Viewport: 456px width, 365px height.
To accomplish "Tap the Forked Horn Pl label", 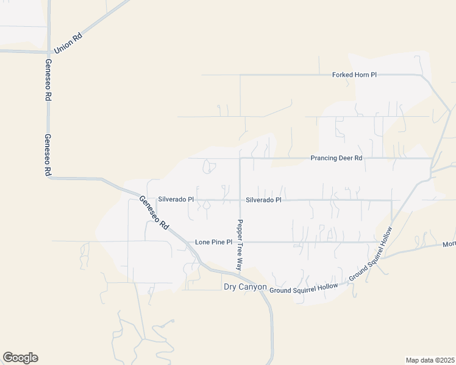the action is point(354,75).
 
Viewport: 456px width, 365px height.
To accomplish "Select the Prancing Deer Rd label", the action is point(336,158).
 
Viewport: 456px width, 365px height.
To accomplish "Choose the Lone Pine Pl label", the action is point(213,242).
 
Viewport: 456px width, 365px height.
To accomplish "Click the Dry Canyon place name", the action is point(245,287).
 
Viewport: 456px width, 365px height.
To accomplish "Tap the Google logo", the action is point(20,357).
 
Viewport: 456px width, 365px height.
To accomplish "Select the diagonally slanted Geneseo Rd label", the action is point(154,212).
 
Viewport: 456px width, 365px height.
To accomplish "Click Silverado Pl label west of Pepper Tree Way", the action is point(176,199).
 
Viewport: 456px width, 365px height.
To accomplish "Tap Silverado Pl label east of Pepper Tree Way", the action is point(263,200).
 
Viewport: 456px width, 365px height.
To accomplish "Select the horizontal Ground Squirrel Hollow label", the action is point(304,290).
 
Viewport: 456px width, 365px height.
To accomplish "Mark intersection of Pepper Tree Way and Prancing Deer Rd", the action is point(240,159).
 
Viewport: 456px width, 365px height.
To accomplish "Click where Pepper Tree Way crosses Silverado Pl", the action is point(240,200).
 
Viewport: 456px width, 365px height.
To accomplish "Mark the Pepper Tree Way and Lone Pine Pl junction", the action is point(240,242).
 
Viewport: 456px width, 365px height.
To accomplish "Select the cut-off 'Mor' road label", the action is point(449,245).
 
